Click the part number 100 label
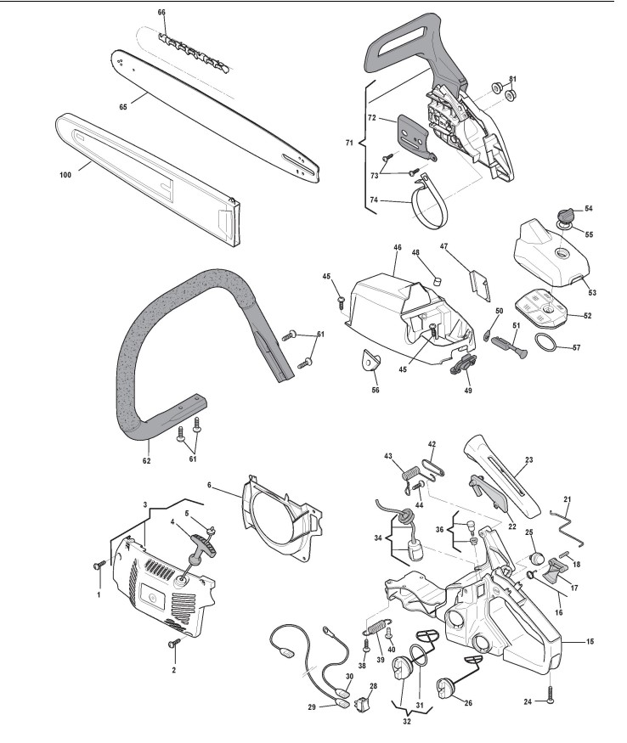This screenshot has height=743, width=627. point(64,175)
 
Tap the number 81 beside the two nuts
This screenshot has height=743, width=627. point(512,80)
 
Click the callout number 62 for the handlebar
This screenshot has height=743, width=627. point(146,461)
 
